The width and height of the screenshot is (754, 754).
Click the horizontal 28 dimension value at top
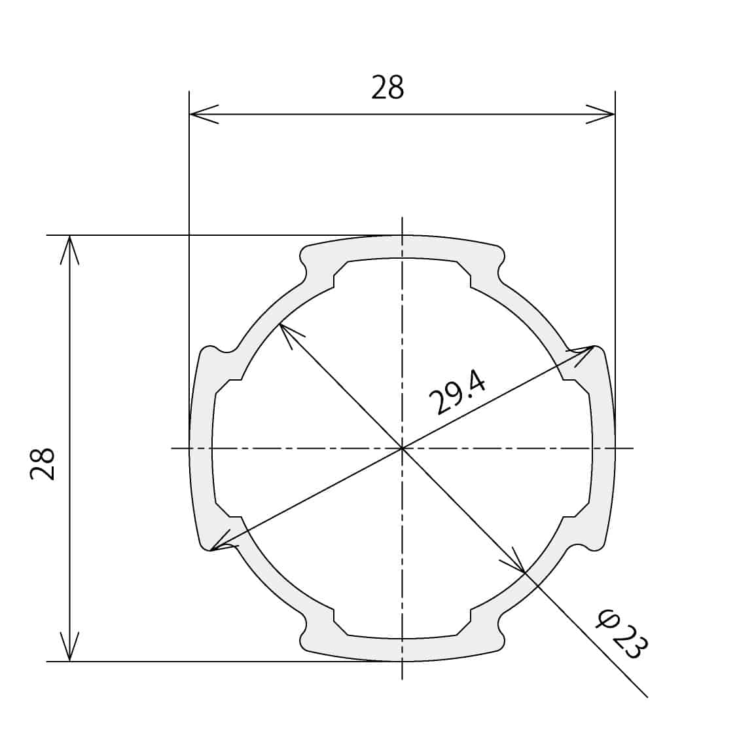(387, 88)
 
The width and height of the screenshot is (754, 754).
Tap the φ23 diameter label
(621, 633)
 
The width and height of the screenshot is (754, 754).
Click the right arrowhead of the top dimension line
(600, 115)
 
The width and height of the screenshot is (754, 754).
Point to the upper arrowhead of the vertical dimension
(70, 250)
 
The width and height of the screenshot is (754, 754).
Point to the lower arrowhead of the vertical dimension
(70, 646)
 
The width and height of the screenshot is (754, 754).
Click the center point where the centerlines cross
(402, 449)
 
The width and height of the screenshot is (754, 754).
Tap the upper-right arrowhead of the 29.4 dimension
(582, 354)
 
